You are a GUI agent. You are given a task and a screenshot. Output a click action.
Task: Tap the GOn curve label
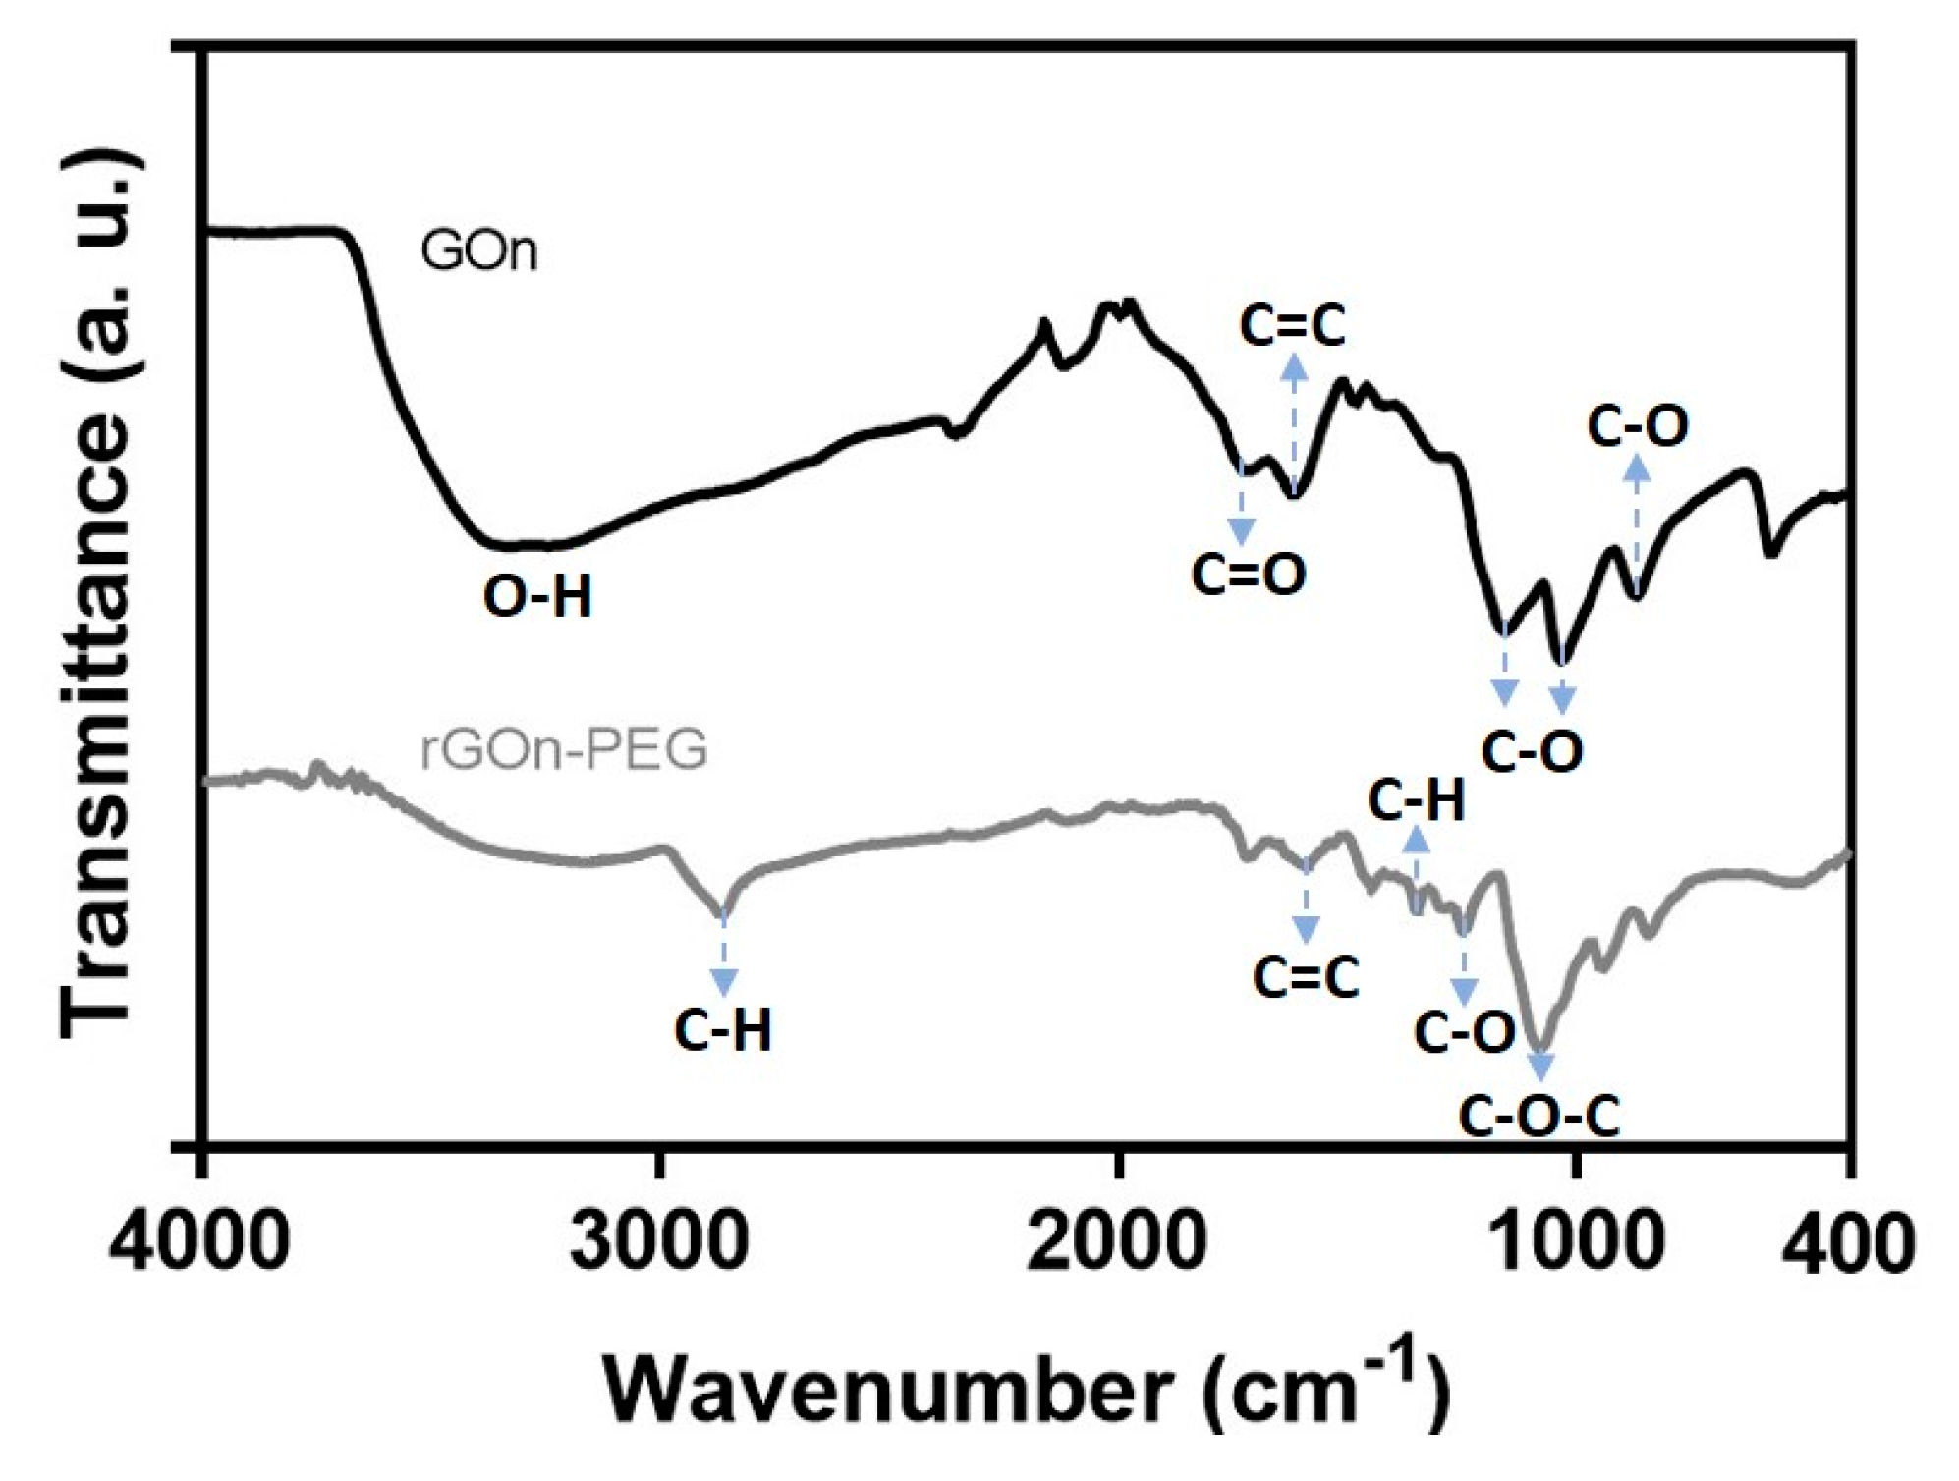pyautogui.click(x=479, y=251)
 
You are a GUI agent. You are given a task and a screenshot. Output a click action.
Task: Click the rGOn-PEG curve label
pyautogui.click(x=564, y=749)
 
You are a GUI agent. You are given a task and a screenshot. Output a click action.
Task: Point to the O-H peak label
pyautogui.click(x=537, y=596)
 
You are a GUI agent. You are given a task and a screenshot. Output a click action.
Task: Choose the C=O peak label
pyautogui.click(x=1249, y=575)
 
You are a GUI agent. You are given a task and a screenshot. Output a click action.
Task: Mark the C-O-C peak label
pyautogui.click(x=1539, y=1118)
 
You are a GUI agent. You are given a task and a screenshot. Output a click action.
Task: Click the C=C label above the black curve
pyautogui.click(x=1292, y=326)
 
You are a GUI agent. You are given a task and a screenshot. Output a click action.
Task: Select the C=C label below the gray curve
pyautogui.click(x=1306, y=977)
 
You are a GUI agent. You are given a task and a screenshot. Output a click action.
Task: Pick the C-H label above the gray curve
pyautogui.click(x=1416, y=801)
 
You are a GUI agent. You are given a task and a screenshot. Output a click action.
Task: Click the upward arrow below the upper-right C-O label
pyautogui.click(x=1636, y=521)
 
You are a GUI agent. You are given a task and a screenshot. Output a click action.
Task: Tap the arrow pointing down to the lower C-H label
pyautogui.click(x=723, y=958)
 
